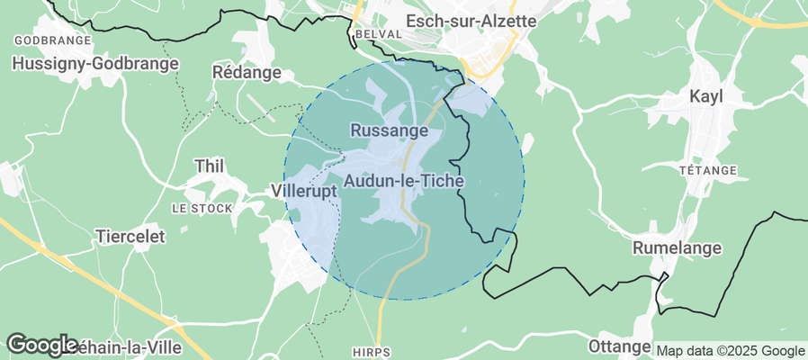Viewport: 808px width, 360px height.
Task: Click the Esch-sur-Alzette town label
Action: tap(471, 20)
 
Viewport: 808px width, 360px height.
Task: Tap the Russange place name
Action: tap(388, 130)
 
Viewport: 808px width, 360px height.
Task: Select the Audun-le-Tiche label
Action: tap(405, 181)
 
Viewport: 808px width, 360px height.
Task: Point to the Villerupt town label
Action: tap(303, 192)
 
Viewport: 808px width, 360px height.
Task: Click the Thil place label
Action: tap(210, 166)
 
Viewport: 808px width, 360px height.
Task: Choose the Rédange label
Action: tap(247, 71)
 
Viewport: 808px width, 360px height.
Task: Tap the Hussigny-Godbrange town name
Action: tap(94, 64)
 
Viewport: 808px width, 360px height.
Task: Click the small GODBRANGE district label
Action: tap(53, 41)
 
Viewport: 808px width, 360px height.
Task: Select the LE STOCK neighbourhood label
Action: tap(202, 209)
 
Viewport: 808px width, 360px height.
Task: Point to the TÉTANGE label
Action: tap(707, 170)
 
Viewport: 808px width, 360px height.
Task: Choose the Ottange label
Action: tap(618, 346)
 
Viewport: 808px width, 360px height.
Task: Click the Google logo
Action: tap(41, 344)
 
